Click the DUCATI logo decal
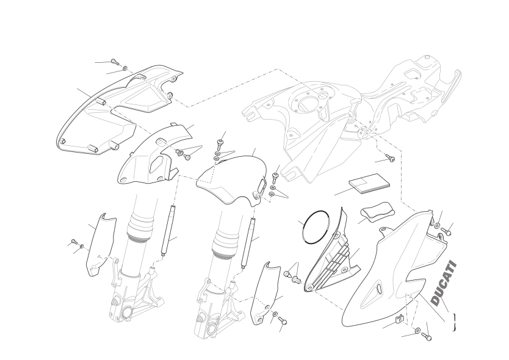(444, 283)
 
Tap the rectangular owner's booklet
(369, 184)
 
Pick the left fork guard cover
(100, 245)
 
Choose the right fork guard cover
(266, 293)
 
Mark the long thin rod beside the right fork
(248, 242)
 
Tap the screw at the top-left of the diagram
(115, 62)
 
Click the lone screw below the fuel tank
(391, 158)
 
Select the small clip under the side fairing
(399, 319)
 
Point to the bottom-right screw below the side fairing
(426, 336)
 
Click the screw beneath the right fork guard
(283, 322)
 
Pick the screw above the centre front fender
(220, 143)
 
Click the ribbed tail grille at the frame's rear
(451, 86)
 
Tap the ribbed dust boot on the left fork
(140, 226)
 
